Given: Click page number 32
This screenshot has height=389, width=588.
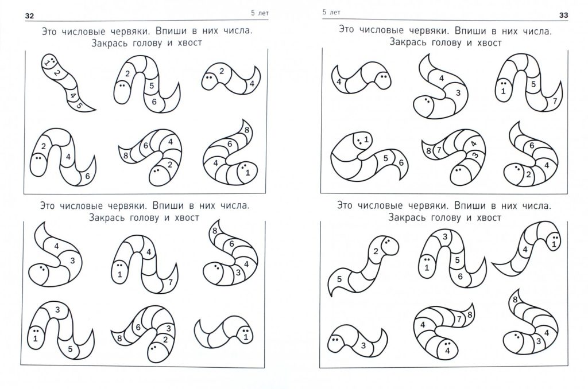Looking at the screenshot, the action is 29,15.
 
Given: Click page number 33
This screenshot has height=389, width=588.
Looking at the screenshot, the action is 563,15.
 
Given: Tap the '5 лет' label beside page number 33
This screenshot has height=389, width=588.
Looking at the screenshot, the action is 331,13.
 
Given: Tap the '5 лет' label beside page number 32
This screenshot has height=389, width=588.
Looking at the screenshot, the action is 260,13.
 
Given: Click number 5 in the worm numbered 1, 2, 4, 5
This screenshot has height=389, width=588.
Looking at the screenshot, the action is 79,106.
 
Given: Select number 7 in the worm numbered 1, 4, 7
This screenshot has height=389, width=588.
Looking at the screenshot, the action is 170,282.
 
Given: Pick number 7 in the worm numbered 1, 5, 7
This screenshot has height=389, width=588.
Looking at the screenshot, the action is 555,101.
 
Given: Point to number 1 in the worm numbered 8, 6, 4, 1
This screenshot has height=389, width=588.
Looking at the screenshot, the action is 247,173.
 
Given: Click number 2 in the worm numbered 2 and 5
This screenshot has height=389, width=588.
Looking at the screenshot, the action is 376,251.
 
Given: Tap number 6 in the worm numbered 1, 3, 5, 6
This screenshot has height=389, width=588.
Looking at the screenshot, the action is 460,277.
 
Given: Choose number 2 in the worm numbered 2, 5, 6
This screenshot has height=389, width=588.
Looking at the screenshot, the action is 127,74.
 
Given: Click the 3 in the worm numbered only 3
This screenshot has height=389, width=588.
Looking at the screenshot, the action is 363,345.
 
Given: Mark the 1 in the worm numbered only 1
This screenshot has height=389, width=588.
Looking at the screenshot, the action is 246,337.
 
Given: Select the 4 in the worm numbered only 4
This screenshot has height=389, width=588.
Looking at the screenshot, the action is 339,81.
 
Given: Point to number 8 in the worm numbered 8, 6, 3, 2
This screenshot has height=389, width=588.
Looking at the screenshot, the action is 119,339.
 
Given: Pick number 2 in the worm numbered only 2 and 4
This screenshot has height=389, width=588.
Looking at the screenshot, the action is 221,71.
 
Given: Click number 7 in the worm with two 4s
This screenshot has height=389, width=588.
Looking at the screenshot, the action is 459,320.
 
